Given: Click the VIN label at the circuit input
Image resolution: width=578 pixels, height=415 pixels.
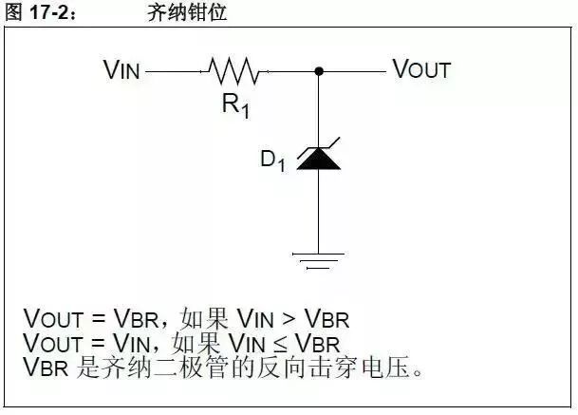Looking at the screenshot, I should pyautogui.click(x=122, y=69).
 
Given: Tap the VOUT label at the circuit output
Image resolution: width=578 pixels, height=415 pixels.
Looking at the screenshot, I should pyautogui.click(x=421, y=69).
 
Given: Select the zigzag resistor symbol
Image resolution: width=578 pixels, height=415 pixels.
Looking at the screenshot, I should pyautogui.click(x=233, y=70).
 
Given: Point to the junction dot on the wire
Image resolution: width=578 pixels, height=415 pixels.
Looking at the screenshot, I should pyautogui.click(x=319, y=70).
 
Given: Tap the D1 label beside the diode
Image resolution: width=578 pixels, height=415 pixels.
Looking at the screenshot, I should pyautogui.click(x=273, y=160).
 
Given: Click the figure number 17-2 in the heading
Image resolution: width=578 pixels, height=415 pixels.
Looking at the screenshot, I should pyautogui.click(x=46, y=12).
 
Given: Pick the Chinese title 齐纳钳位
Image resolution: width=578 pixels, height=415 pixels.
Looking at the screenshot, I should pyautogui.click(x=188, y=12).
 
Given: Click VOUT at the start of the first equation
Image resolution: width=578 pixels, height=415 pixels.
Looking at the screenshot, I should pyautogui.click(x=53, y=318).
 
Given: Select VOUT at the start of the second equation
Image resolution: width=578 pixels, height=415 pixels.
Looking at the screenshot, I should pyautogui.click(x=53, y=343).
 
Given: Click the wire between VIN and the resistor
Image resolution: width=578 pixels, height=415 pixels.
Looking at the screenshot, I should pyautogui.click(x=177, y=70).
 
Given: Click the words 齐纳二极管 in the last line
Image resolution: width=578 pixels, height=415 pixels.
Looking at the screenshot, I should pyautogui.click(x=181, y=367).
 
